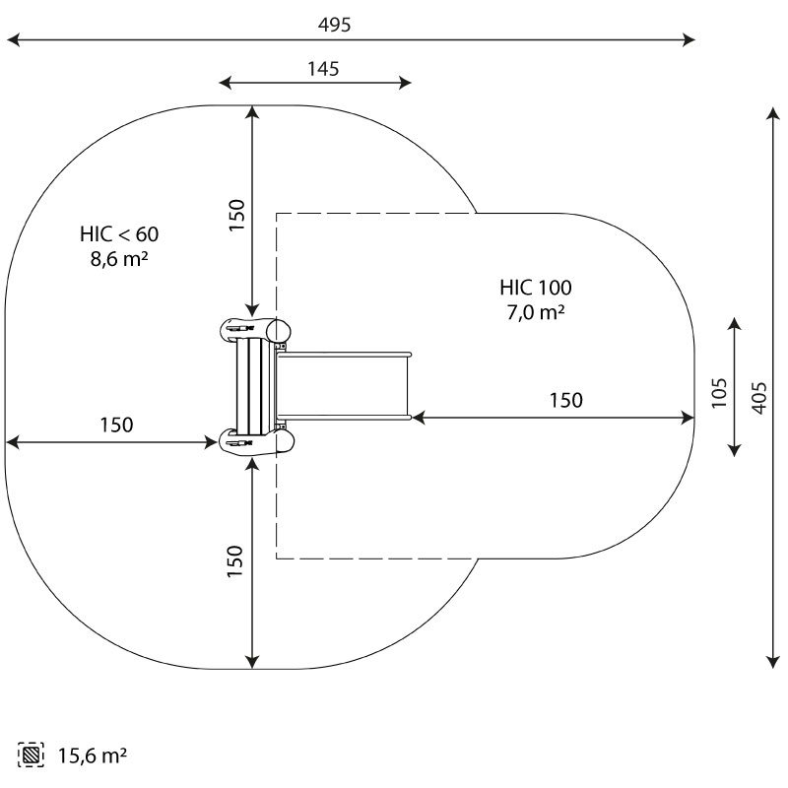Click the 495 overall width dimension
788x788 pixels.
[x=334, y=25]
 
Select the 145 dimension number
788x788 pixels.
[x=323, y=69]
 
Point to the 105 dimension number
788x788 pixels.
[x=719, y=393]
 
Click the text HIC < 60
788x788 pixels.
[x=119, y=234]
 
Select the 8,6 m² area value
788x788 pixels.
[x=119, y=259]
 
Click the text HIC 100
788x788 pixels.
[x=536, y=288]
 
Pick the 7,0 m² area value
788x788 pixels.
[x=536, y=312]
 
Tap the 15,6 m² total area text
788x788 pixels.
[x=93, y=755]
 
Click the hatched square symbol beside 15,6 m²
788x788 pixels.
[x=31, y=755]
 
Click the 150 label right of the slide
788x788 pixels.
[x=565, y=401]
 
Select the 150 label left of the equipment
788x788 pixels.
[x=116, y=426]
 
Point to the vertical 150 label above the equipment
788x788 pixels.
[x=236, y=215]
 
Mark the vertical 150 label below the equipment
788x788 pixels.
[x=234, y=561]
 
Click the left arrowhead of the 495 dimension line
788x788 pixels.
[x=12, y=39]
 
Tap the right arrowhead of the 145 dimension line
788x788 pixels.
[x=406, y=83]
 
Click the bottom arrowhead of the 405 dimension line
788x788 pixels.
[x=773, y=663]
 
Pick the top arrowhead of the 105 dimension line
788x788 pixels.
[x=735, y=324]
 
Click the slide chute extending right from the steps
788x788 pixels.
[x=344, y=385]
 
